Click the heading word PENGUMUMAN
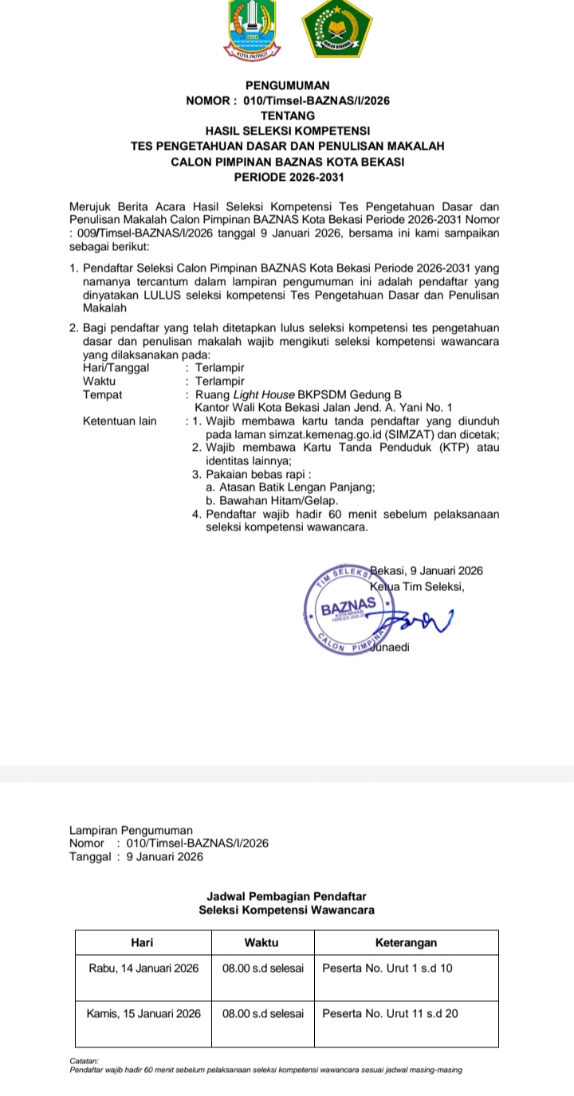287,85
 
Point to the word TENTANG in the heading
287,115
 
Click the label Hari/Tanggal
116,367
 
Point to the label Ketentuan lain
120,421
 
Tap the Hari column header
142,942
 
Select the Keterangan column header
406,942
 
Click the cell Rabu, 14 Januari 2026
143,969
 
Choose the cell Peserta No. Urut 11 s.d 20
390,1014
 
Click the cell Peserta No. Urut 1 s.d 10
387,969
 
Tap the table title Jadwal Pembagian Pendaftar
286,898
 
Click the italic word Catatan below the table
84,1061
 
